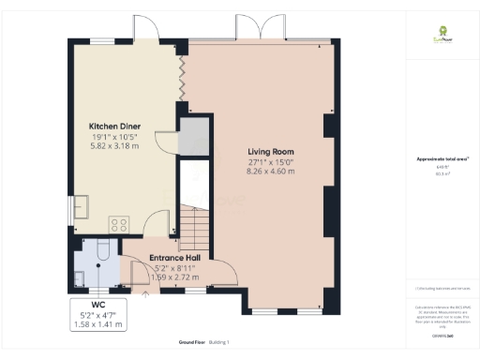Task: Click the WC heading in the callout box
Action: click(x=97, y=303)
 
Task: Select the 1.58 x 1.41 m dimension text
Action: click(x=97, y=324)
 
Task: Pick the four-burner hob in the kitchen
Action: click(x=120, y=224)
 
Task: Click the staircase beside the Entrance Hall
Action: click(x=191, y=227)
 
